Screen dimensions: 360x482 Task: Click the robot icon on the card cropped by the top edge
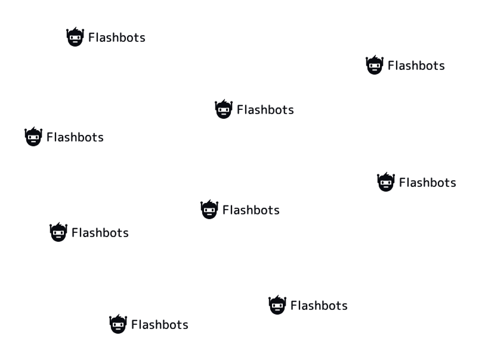[75, 38]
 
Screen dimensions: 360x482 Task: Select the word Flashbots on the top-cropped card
[116, 38]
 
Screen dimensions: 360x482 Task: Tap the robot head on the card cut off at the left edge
[33, 137]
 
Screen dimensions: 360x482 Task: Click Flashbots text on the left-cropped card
[75, 137]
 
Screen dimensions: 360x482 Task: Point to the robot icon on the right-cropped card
[386, 182]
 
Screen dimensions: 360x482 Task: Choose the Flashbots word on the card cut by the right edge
[427, 183]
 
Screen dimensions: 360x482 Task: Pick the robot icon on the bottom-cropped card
[118, 324]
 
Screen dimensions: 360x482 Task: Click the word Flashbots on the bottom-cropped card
[159, 325]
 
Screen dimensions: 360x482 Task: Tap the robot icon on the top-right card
[374, 65]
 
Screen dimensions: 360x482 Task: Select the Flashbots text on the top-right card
[416, 66]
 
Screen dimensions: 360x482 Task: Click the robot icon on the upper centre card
[223, 109]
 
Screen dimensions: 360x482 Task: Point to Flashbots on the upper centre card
[265, 110]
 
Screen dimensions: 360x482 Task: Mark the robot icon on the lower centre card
[209, 210]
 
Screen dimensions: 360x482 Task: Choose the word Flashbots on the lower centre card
[251, 210]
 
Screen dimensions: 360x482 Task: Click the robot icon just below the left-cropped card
[58, 232]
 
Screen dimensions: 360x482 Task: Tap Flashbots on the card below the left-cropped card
[100, 233]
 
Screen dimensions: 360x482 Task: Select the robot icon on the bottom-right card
[277, 305]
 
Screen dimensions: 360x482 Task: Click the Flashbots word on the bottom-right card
[319, 306]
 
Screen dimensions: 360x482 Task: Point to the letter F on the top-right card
[391, 66]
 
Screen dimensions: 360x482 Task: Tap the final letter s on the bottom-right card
[344, 306]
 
